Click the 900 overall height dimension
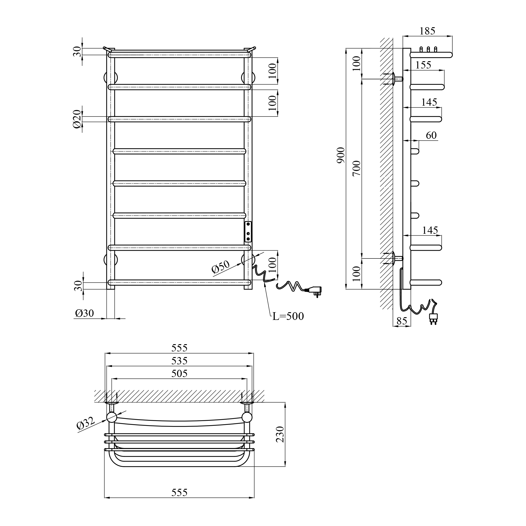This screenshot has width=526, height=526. click(x=341, y=155)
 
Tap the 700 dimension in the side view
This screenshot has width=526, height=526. click(x=356, y=168)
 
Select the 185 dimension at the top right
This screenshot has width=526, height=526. click(x=427, y=31)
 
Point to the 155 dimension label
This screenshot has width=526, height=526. click(x=423, y=65)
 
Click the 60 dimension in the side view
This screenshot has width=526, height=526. click(x=431, y=135)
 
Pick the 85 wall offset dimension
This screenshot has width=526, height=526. click(x=402, y=321)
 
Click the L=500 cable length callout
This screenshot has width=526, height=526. click(x=288, y=316)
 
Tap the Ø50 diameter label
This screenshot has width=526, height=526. click(x=221, y=267)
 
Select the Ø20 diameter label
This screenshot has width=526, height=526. click(x=77, y=119)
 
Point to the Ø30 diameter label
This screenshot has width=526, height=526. click(x=84, y=313)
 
